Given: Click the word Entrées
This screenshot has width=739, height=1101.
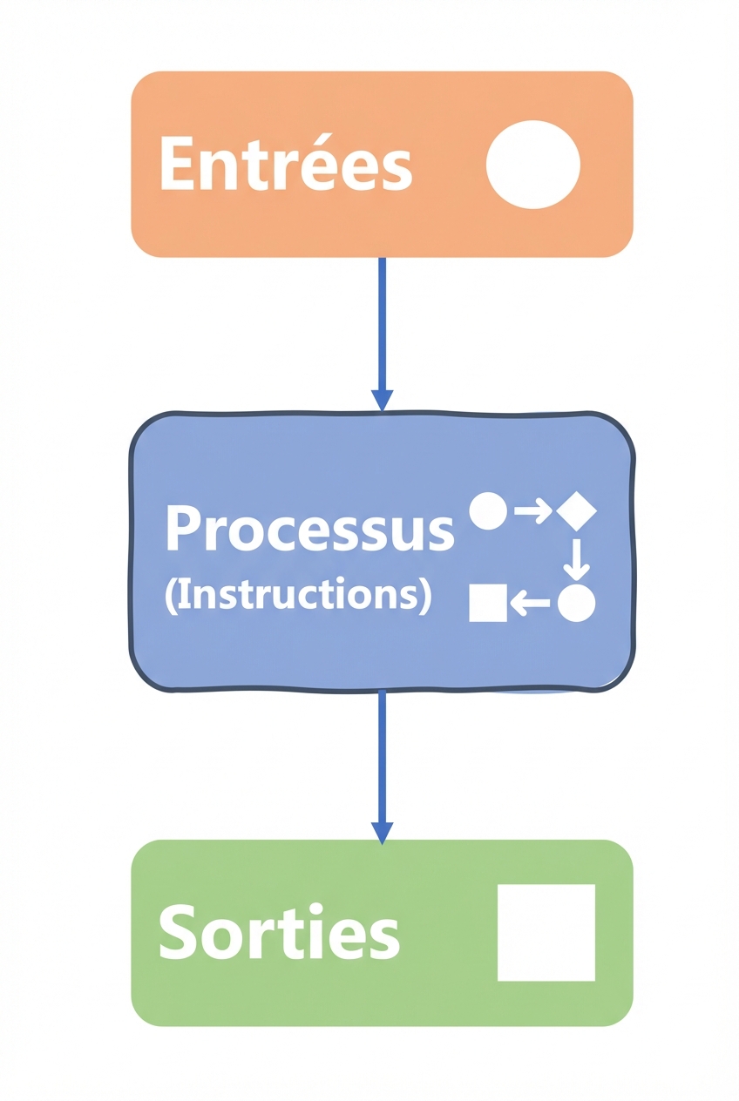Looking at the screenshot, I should tap(285, 164).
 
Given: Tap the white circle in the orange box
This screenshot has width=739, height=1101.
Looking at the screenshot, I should tap(532, 165).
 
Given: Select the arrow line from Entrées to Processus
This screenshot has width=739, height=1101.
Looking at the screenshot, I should tap(382, 322).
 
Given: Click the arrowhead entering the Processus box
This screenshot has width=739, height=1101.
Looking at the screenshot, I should tap(382, 400).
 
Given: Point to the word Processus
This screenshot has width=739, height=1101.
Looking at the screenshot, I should tap(309, 529).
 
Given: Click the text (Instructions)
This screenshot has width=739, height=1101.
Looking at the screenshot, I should tap(297, 596).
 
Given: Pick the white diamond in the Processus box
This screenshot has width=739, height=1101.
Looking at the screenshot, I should tap(576, 511).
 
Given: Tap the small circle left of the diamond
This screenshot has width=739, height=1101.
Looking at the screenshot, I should tap(488, 511).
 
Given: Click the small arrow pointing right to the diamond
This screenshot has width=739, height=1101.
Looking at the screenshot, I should tap(532, 511).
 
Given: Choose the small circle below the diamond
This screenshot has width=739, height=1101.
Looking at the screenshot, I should tap(576, 603).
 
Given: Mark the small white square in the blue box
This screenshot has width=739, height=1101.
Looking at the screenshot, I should tap(488, 603).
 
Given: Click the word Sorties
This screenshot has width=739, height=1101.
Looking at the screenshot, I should tap(279, 932).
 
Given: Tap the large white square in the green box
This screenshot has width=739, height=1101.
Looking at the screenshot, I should tap(546, 933).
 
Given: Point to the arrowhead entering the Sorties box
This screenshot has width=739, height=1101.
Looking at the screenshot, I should tap(382, 833).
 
